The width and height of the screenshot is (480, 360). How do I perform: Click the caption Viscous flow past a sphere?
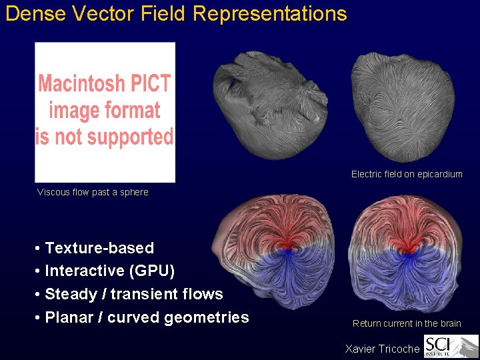click(93, 192)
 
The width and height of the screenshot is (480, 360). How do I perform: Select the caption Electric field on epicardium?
click(407, 174)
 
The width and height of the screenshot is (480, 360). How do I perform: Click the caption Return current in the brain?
click(407, 323)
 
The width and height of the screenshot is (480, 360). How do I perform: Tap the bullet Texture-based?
click(99, 248)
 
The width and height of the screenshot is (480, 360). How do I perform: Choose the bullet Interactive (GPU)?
click(109, 271)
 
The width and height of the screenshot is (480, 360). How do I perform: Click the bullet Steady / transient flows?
click(133, 294)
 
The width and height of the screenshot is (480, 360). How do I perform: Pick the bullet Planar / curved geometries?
click(147, 317)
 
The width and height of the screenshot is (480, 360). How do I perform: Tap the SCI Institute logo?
click(451, 347)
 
